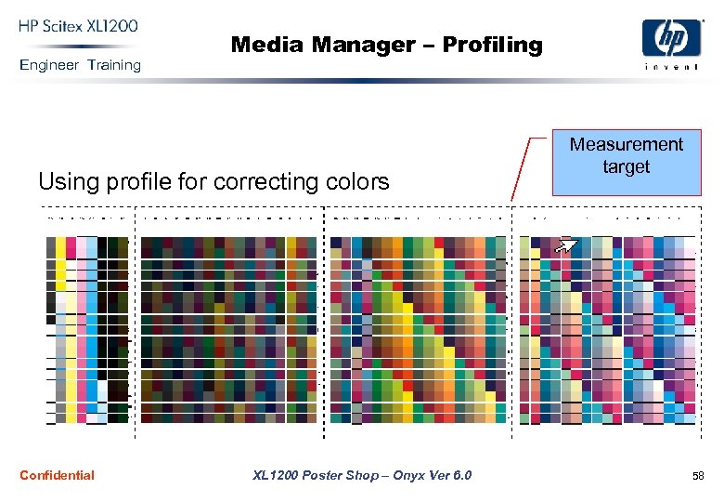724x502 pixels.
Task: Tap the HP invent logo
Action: (671, 45)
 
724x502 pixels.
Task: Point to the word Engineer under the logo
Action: (49, 65)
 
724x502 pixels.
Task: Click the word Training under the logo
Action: (114, 65)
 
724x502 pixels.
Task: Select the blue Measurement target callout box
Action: (627, 163)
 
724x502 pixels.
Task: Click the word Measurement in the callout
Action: (627, 145)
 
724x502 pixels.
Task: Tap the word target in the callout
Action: (627, 167)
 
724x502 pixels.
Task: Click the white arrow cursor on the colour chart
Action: (566, 245)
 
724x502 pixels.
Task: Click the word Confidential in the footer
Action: (57, 475)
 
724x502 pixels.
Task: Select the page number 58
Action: (697, 476)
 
